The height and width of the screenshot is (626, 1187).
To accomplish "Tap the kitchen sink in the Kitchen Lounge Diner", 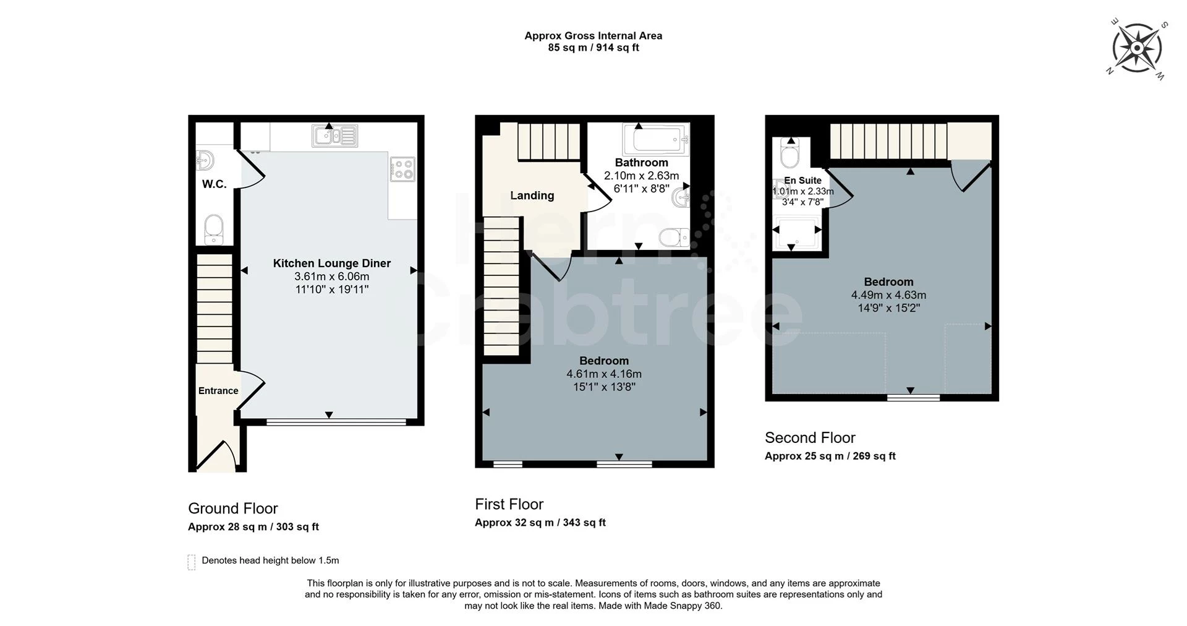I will click(335, 135).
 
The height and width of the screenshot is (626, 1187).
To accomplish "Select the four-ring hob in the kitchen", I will click(402, 169).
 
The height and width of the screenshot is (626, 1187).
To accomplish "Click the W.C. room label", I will click(214, 184).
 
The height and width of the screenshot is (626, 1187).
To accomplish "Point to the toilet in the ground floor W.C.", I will click(214, 229).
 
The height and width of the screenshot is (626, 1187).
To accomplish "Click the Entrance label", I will click(218, 391).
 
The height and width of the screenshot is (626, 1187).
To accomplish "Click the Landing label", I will click(532, 195).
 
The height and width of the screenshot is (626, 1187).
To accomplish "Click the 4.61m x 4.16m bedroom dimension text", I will click(604, 374).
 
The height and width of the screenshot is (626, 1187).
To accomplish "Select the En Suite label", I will click(802, 181).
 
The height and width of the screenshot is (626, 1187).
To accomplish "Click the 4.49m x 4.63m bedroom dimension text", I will click(888, 295).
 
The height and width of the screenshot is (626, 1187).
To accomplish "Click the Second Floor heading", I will click(810, 438).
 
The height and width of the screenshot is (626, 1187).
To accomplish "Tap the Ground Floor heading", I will click(233, 508).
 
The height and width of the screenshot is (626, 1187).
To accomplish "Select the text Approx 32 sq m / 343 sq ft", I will click(540, 523).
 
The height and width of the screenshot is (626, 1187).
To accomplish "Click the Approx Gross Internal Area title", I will click(593, 36).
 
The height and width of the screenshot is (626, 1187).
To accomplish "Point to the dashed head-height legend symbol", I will click(192, 562).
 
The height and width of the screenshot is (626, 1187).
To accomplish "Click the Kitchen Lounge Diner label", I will click(332, 264).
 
